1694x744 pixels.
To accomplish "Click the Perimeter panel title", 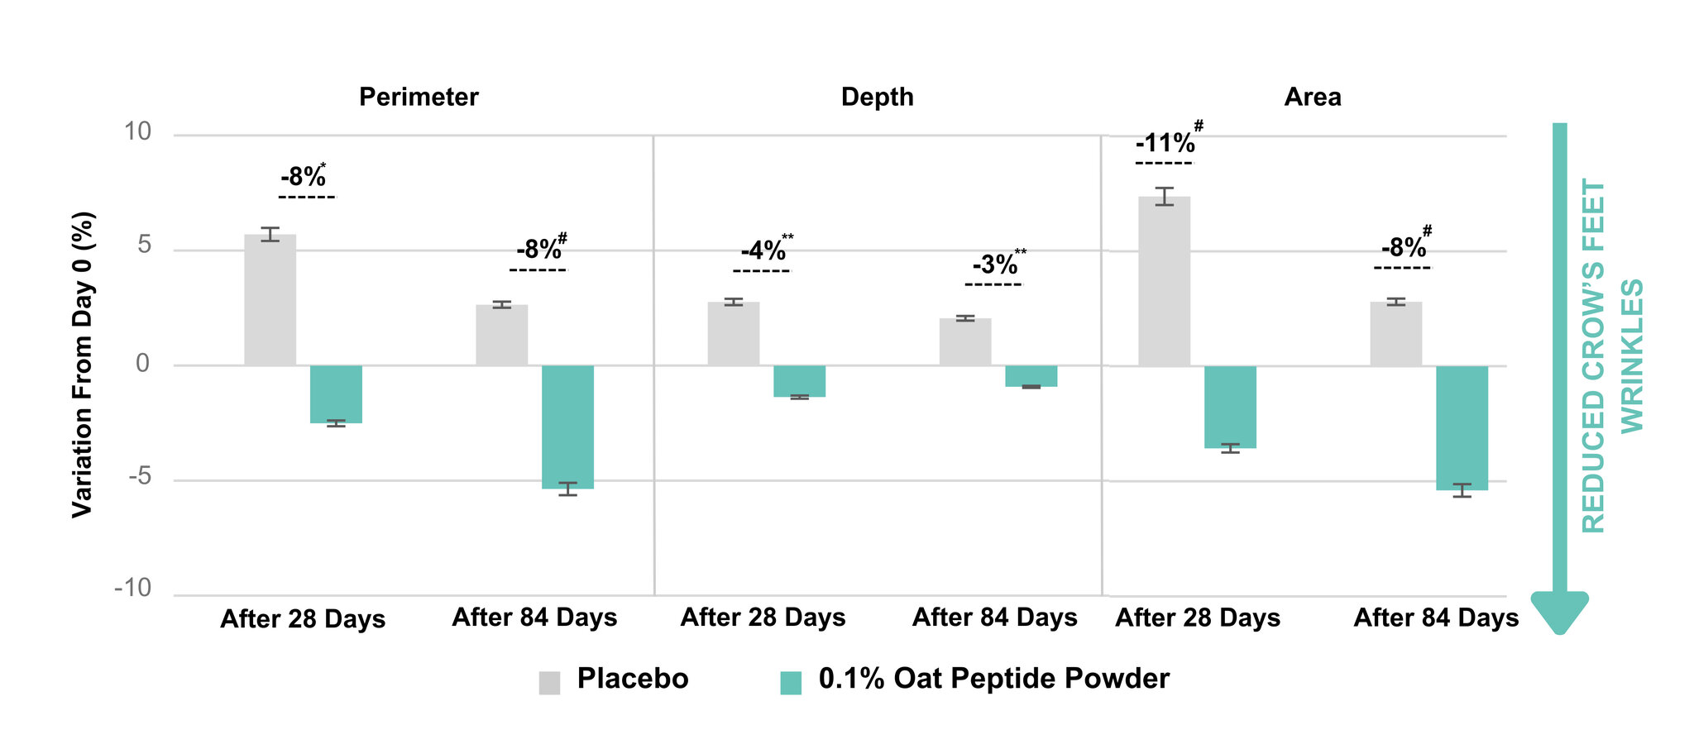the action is pyautogui.click(x=419, y=98).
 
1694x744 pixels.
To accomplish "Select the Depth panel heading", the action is pyautogui.click(x=877, y=98).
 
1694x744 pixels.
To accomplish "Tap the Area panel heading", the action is pyautogui.click(x=1313, y=98).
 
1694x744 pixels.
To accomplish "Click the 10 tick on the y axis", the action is pyautogui.click(x=138, y=131).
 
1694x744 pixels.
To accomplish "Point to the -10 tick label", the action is pyautogui.click(x=133, y=589).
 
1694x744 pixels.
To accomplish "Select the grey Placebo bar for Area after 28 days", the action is pyautogui.click(x=1164, y=281).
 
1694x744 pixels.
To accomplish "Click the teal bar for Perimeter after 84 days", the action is pyautogui.click(x=567, y=427).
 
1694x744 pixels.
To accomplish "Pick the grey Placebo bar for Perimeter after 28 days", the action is pyautogui.click(x=270, y=300).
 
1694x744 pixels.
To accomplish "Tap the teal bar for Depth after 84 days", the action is pyautogui.click(x=1031, y=376).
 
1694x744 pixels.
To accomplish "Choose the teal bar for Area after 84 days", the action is pyautogui.click(x=1462, y=428).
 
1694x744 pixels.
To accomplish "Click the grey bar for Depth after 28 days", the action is pyautogui.click(x=733, y=334).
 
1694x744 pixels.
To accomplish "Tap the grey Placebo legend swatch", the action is pyautogui.click(x=549, y=683).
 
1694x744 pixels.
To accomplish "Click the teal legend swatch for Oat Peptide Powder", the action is pyautogui.click(x=791, y=683).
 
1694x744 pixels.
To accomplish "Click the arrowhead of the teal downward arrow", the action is pyautogui.click(x=1560, y=613).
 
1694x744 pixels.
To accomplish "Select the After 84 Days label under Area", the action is pyautogui.click(x=1436, y=618).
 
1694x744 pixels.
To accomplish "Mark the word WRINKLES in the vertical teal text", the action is pyautogui.click(x=1631, y=356).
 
